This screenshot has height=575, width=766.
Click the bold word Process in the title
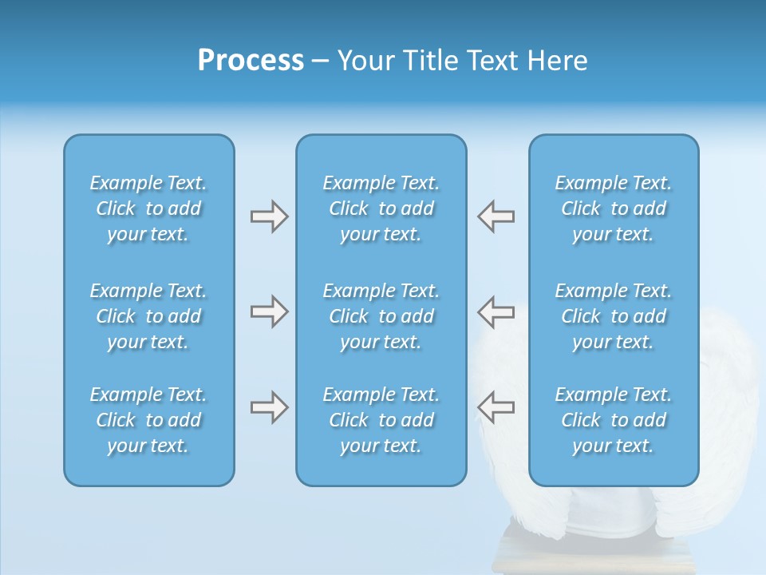pos(251,61)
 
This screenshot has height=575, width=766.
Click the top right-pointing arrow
pos(269,216)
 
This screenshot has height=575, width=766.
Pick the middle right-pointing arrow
pos(269,311)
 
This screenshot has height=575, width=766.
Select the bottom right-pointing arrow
pos(269,407)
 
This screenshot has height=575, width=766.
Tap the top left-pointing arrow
pos(496,216)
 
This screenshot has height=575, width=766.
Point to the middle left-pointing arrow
pos(496,311)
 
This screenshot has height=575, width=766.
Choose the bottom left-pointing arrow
pos(496,407)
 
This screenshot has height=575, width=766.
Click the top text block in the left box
pos(148,208)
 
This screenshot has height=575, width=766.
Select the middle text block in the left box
pos(148,316)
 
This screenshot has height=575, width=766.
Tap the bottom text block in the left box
pos(148,420)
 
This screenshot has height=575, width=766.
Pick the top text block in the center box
pos(381,208)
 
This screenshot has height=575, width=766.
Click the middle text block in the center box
pos(381,316)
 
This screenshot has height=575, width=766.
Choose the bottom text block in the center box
pos(381,420)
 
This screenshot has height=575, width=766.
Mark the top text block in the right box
pos(614,208)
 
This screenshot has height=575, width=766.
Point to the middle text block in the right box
pos(614,316)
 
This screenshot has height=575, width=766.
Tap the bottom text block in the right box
pos(614,420)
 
